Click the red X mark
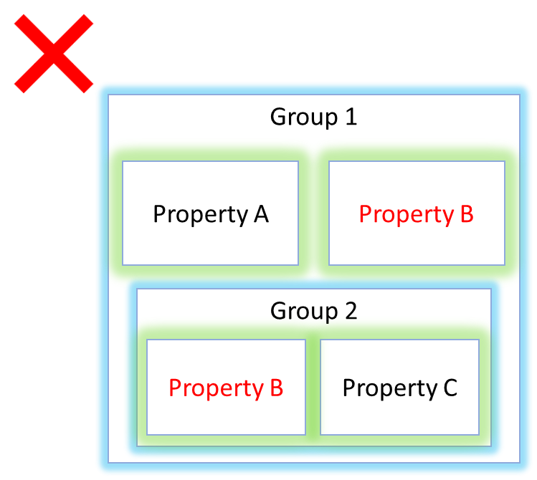54,53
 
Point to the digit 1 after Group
351,117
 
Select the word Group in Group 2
304,312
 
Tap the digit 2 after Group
351,311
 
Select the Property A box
210,213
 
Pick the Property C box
399,387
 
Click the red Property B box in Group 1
417,213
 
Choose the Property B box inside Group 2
226,387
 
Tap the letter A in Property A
261,214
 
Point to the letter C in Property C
450,388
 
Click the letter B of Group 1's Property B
467,214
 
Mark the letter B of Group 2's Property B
277,388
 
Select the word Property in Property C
390,389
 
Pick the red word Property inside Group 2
217,389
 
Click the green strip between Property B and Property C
313,387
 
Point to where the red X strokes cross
54,53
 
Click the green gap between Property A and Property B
314,213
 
